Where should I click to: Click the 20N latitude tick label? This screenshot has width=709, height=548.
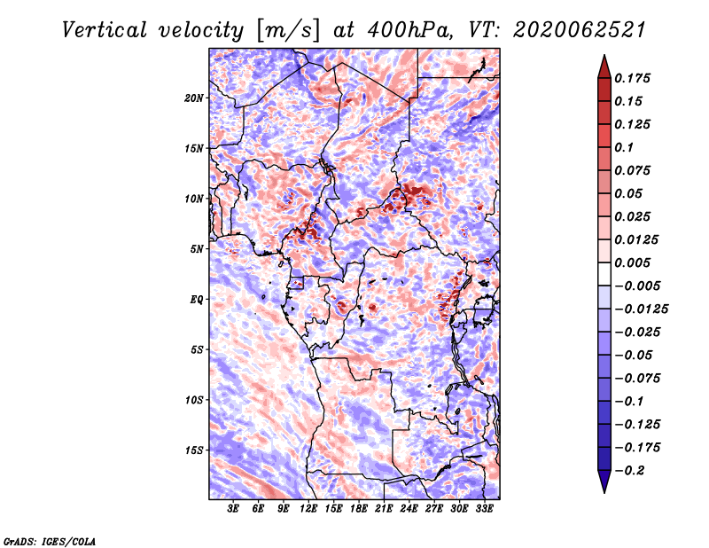click(x=194, y=98)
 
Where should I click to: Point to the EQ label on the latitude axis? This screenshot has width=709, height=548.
click(x=197, y=300)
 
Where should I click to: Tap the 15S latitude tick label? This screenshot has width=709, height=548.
click(x=194, y=450)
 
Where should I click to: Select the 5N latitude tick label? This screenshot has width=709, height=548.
click(x=197, y=249)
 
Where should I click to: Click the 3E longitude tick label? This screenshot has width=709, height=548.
click(x=233, y=508)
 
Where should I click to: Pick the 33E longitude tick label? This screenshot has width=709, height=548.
click(x=484, y=508)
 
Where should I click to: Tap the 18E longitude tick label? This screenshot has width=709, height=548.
click(x=359, y=508)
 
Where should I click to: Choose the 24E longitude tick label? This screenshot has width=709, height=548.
click(x=409, y=508)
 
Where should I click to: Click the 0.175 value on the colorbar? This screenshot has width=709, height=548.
click(x=632, y=78)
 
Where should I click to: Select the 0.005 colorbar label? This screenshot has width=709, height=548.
click(x=632, y=262)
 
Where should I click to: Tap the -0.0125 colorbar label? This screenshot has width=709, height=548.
click(x=641, y=309)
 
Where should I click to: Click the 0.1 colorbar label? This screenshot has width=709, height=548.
click(x=624, y=147)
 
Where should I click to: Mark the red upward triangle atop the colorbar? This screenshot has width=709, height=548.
click(x=604, y=67)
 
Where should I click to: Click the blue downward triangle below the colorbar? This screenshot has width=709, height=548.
click(x=604, y=481)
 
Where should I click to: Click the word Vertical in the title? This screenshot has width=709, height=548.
click(x=105, y=30)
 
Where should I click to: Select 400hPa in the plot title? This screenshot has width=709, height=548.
click(x=410, y=30)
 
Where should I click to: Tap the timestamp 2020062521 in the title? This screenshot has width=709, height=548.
click(x=579, y=30)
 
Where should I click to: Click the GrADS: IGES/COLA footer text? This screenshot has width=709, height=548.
click(x=50, y=542)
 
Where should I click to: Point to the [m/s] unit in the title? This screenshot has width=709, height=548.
click(x=287, y=31)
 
